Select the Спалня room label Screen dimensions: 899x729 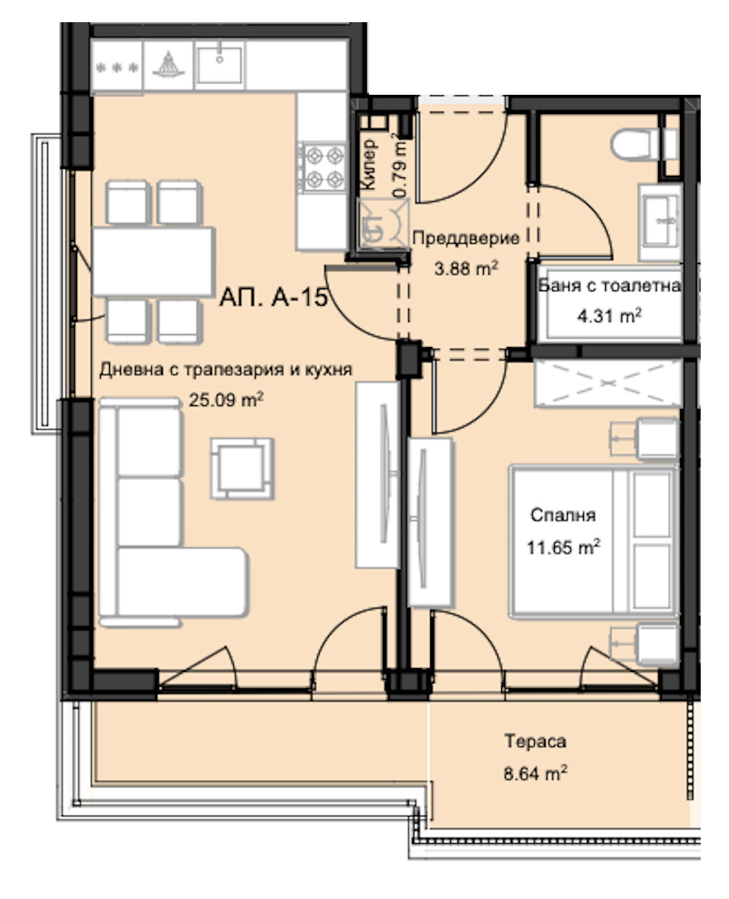[x=562, y=515]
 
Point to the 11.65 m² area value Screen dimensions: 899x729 [x=563, y=547]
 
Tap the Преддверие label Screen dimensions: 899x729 [x=465, y=238]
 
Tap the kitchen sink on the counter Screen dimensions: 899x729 [x=220, y=62]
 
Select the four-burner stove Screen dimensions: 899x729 [x=322, y=167]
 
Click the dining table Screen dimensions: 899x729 [x=154, y=261]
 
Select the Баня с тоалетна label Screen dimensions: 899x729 [x=609, y=287]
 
